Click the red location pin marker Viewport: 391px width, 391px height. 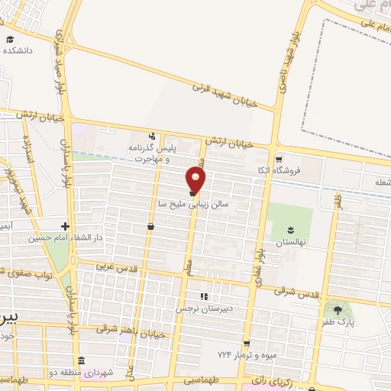point(196,180)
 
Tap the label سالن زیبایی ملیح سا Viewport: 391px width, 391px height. point(194,205)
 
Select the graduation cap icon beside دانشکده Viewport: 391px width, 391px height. point(10,39)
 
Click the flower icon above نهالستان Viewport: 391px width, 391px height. point(290,229)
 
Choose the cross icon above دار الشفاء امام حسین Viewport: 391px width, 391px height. point(66,226)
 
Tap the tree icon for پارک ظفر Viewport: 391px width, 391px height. point(338,310)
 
